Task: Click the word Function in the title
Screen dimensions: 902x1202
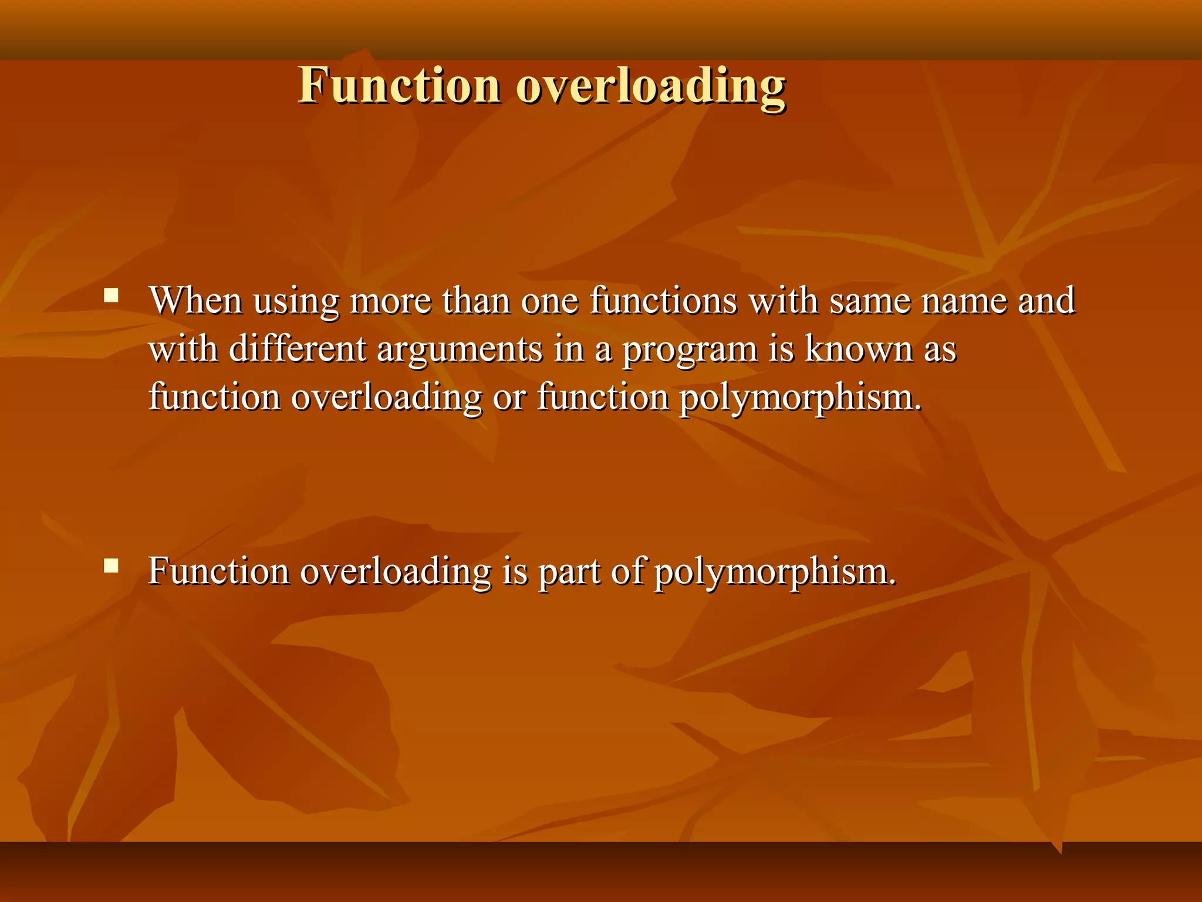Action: click(399, 86)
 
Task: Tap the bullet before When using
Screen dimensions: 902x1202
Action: click(111, 295)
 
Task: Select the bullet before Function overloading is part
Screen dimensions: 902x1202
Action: click(111, 566)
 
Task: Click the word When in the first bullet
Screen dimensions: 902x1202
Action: click(195, 301)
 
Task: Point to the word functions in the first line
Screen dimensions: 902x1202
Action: click(663, 301)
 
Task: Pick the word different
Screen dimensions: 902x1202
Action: click(297, 349)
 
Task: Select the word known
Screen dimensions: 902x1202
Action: click(858, 349)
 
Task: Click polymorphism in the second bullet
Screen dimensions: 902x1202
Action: click(775, 572)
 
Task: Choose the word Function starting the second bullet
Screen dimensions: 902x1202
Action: click(218, 571)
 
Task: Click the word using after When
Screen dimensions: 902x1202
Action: click(296, 302)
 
